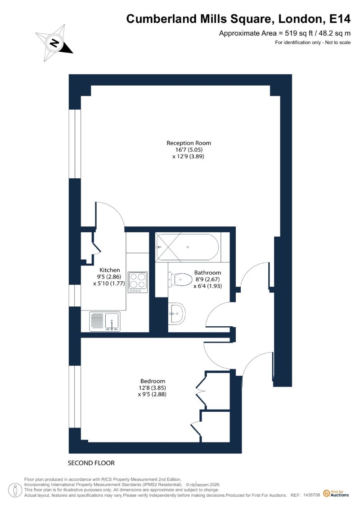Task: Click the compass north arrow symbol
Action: [x=54, y=43]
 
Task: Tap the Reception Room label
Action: [x=189, y=143]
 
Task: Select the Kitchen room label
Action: [x=109, y=270]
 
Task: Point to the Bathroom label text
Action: [x=207, y=273]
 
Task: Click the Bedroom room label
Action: [x=153, y=381]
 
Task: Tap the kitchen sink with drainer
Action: [x=105, y=321]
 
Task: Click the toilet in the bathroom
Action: [x=180, y=279]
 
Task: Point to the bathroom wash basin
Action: [x=177, y=313]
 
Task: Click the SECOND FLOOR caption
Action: [x=91, y=463]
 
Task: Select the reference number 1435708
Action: [x=312, y=495]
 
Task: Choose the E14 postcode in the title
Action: [x=340, y=19]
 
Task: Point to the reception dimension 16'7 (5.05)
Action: [x=189, y=150]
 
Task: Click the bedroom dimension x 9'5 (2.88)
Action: [x=152, y=394]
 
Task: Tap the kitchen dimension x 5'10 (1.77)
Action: [x=109, y=284]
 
